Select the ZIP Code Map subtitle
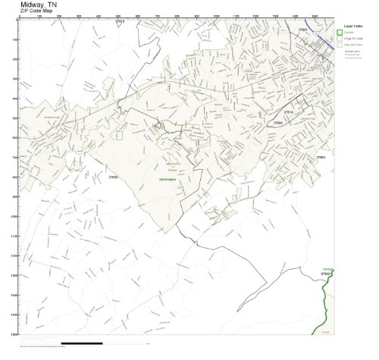click(x=37, y=11)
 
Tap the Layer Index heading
click(x=354, y=25)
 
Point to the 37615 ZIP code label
click(x=119, y=22)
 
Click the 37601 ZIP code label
click(x=302, y=29)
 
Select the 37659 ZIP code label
click(x=113, y=177)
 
